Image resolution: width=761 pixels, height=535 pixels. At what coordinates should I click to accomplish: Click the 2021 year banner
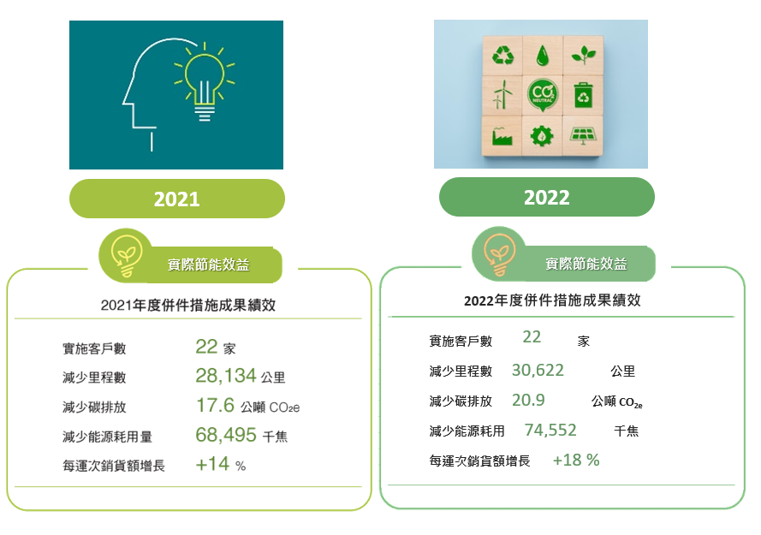coord(176,199)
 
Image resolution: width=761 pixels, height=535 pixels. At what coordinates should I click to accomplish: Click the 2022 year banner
coord(546,197)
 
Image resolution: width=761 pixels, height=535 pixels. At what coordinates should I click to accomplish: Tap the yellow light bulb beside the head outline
coord(205,81)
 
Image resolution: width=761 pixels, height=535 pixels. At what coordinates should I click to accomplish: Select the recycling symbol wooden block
coord(502,55)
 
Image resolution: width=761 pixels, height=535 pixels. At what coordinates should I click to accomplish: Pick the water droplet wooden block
coord(543,55)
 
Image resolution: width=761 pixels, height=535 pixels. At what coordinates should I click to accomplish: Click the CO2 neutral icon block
coord(543,95)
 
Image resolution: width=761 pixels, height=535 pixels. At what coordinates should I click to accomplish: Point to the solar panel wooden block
coord(583,135)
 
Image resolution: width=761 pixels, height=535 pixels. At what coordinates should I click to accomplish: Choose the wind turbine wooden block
coord(502,95)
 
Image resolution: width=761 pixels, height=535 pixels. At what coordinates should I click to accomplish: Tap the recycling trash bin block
coord(583,95)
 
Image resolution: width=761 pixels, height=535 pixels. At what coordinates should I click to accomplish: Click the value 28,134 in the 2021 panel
coord(225,376)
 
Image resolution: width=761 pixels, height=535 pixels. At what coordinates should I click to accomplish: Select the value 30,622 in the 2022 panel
coord(538,371)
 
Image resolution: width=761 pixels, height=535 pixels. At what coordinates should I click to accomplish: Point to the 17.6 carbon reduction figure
coord(215,406)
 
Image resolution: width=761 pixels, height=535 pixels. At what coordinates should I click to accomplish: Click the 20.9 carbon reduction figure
coord(528,400)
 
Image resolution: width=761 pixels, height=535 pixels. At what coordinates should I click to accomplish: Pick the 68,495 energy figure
coord(226,435)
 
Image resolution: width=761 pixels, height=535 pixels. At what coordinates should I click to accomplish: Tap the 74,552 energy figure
coord(550,430)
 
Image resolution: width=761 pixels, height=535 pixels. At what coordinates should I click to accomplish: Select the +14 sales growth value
coord(212,464)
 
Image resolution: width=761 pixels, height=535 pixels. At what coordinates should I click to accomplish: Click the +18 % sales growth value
coord(576,460)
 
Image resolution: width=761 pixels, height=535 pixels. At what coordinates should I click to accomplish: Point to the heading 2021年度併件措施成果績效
coord(188,305)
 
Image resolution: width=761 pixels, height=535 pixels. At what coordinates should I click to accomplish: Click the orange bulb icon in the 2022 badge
coord(498,253)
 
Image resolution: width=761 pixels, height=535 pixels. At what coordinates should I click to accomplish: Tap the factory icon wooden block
coord(502,135)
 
